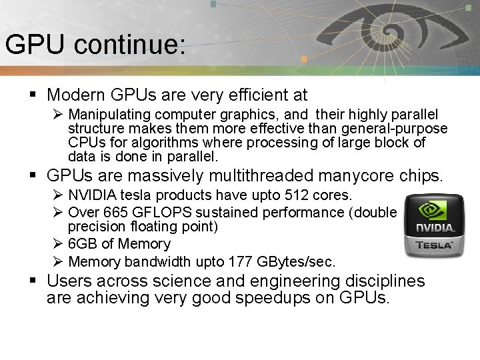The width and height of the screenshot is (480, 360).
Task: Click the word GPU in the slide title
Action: tap(35, 45)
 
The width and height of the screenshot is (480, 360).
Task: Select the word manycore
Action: tap(361, 176)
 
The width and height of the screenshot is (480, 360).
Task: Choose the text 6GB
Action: tap(83, 244)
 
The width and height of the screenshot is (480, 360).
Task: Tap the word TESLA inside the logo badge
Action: tap(434, 245)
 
